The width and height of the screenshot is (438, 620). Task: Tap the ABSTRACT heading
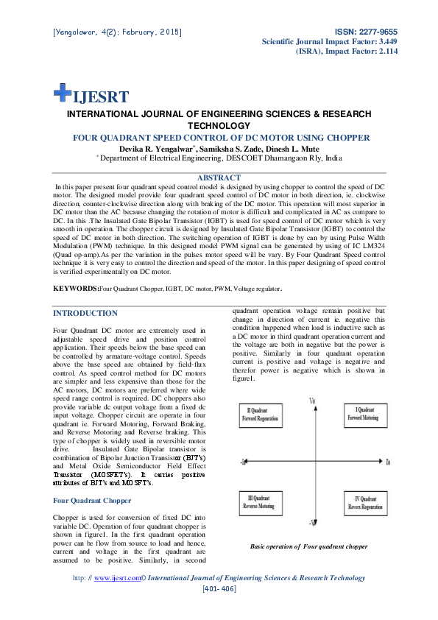(219, 177)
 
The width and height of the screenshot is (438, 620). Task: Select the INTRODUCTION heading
(85, 313)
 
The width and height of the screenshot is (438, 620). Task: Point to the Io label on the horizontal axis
(388, 461)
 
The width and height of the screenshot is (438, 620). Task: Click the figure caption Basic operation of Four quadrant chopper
(308, 546)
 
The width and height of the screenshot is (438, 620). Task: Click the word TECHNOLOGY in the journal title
(219, 126)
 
